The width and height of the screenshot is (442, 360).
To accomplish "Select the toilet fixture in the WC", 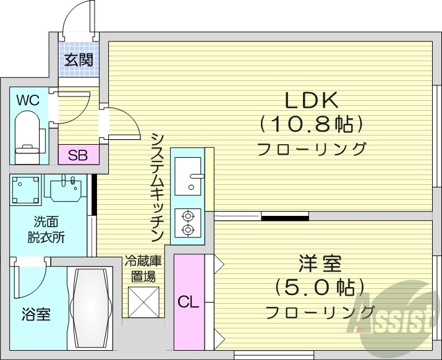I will (x=27, y=135).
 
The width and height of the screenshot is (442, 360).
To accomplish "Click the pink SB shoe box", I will (x=78, y=155).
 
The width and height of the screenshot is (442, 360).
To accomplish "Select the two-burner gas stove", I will (x=187, y=223).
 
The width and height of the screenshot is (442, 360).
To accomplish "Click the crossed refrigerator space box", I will (x=143, y=302).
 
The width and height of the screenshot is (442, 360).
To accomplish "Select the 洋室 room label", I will (x=320, y=264).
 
